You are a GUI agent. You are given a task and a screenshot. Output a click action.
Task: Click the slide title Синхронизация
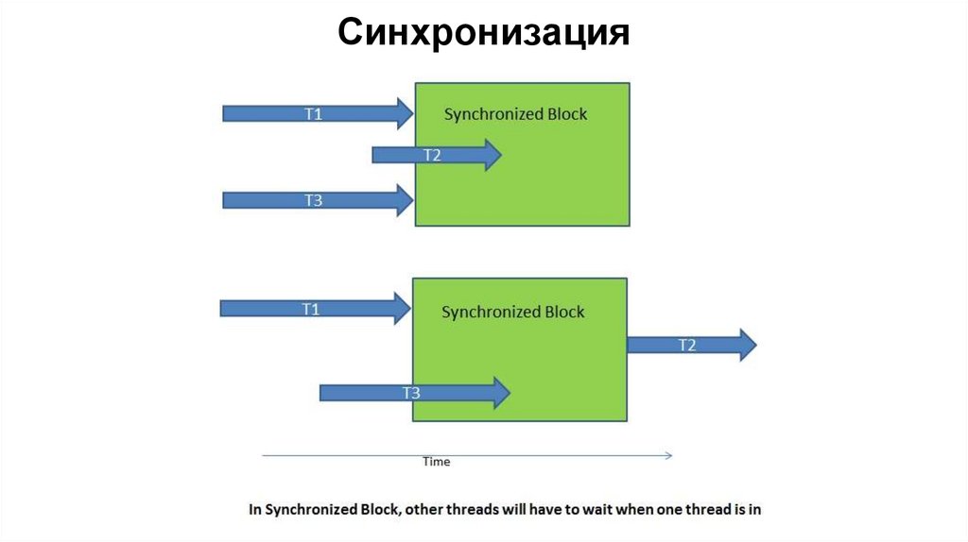483,33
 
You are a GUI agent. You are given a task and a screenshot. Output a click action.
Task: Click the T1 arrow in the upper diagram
312,113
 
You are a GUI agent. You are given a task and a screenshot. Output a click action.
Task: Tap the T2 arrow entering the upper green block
431,155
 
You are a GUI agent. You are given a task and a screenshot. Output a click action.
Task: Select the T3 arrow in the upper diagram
312,200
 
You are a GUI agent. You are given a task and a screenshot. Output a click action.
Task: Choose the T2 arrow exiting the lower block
686,345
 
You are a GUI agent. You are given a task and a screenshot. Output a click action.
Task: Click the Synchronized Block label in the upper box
515,114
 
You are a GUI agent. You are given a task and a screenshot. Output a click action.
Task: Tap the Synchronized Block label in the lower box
513,312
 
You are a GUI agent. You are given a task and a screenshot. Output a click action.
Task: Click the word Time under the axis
437,462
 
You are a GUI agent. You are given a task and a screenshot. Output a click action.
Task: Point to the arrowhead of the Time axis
668,455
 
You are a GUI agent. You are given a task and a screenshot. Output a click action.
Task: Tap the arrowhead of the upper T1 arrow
405,113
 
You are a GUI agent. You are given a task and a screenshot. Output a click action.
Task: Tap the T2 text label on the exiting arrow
687,345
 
